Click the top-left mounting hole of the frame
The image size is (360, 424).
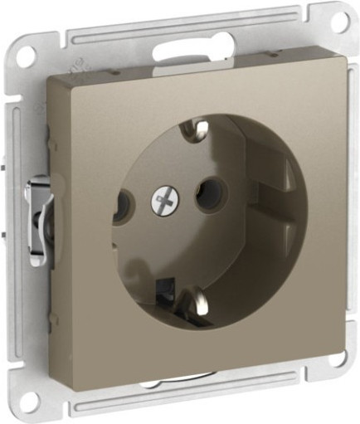coord(27,56)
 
